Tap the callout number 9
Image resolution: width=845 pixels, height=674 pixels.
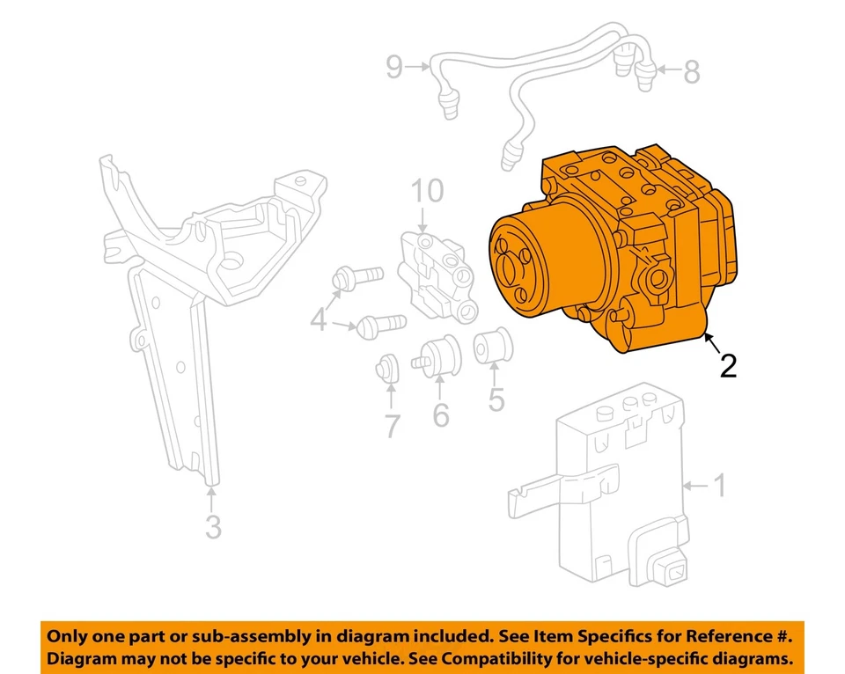click(x=393, y=67)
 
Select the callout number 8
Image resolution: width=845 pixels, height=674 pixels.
click(x=691, y=72)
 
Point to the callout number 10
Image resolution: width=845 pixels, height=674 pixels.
click(x=427, y=191)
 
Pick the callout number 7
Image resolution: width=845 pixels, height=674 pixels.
click(x=391, y=427)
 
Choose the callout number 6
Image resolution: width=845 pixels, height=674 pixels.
click(x=440, y=414)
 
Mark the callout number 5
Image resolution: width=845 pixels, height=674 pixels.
click(x=496, y=400)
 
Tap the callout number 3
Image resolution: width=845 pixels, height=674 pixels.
click(x=213, y=527)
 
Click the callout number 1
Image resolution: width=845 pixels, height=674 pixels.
click(x=719, y=485)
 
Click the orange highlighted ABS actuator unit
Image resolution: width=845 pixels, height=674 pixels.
click(x=607, y=255)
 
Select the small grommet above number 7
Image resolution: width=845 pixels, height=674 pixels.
click(x=387, y=369)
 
